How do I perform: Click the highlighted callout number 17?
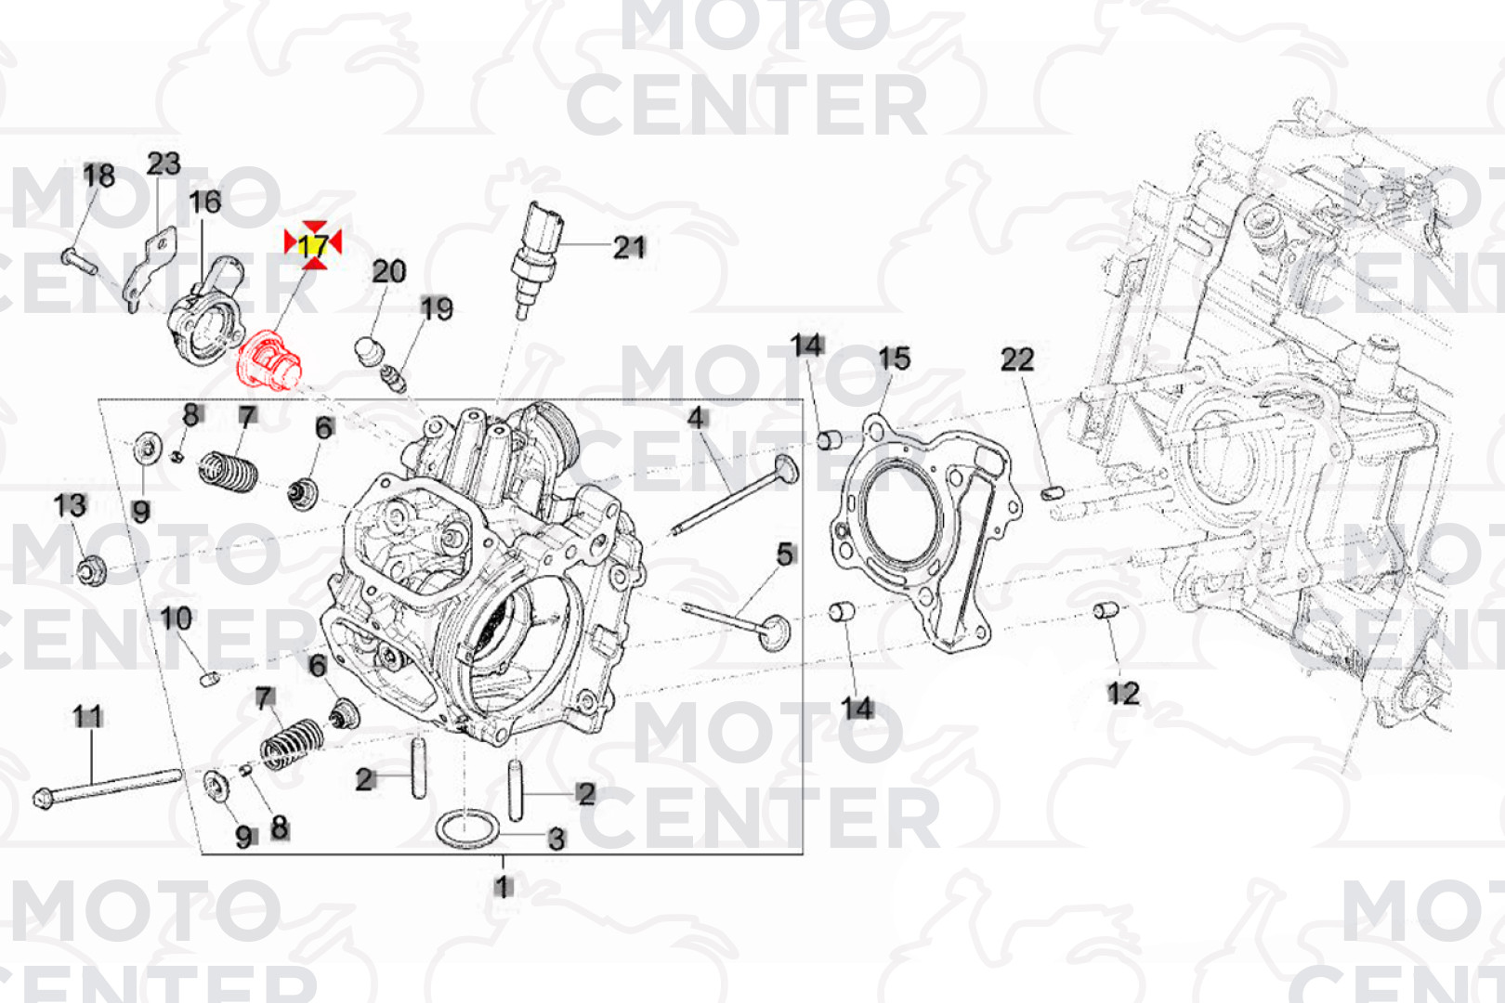[x=313, y=245]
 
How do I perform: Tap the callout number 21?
[x=629, y=247]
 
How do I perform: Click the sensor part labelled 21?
[x=537, y=251]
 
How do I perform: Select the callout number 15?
[x=895, y=359]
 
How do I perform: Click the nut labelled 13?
[x=91, y=569]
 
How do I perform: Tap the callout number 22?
[x=1017, y=359]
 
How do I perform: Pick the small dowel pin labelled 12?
[x=1105, y=610]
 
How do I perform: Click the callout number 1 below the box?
[x=503, y=887]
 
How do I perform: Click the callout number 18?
[x=99, y=176]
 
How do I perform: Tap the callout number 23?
[x=164, y=164]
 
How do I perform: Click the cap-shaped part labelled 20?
[x=370, y=351]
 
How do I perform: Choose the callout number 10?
[x=176, y=619]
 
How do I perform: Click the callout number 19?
[x=436, y=308]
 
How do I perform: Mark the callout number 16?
[x=205, y=202]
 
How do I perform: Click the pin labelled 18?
[x=81, y=258]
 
